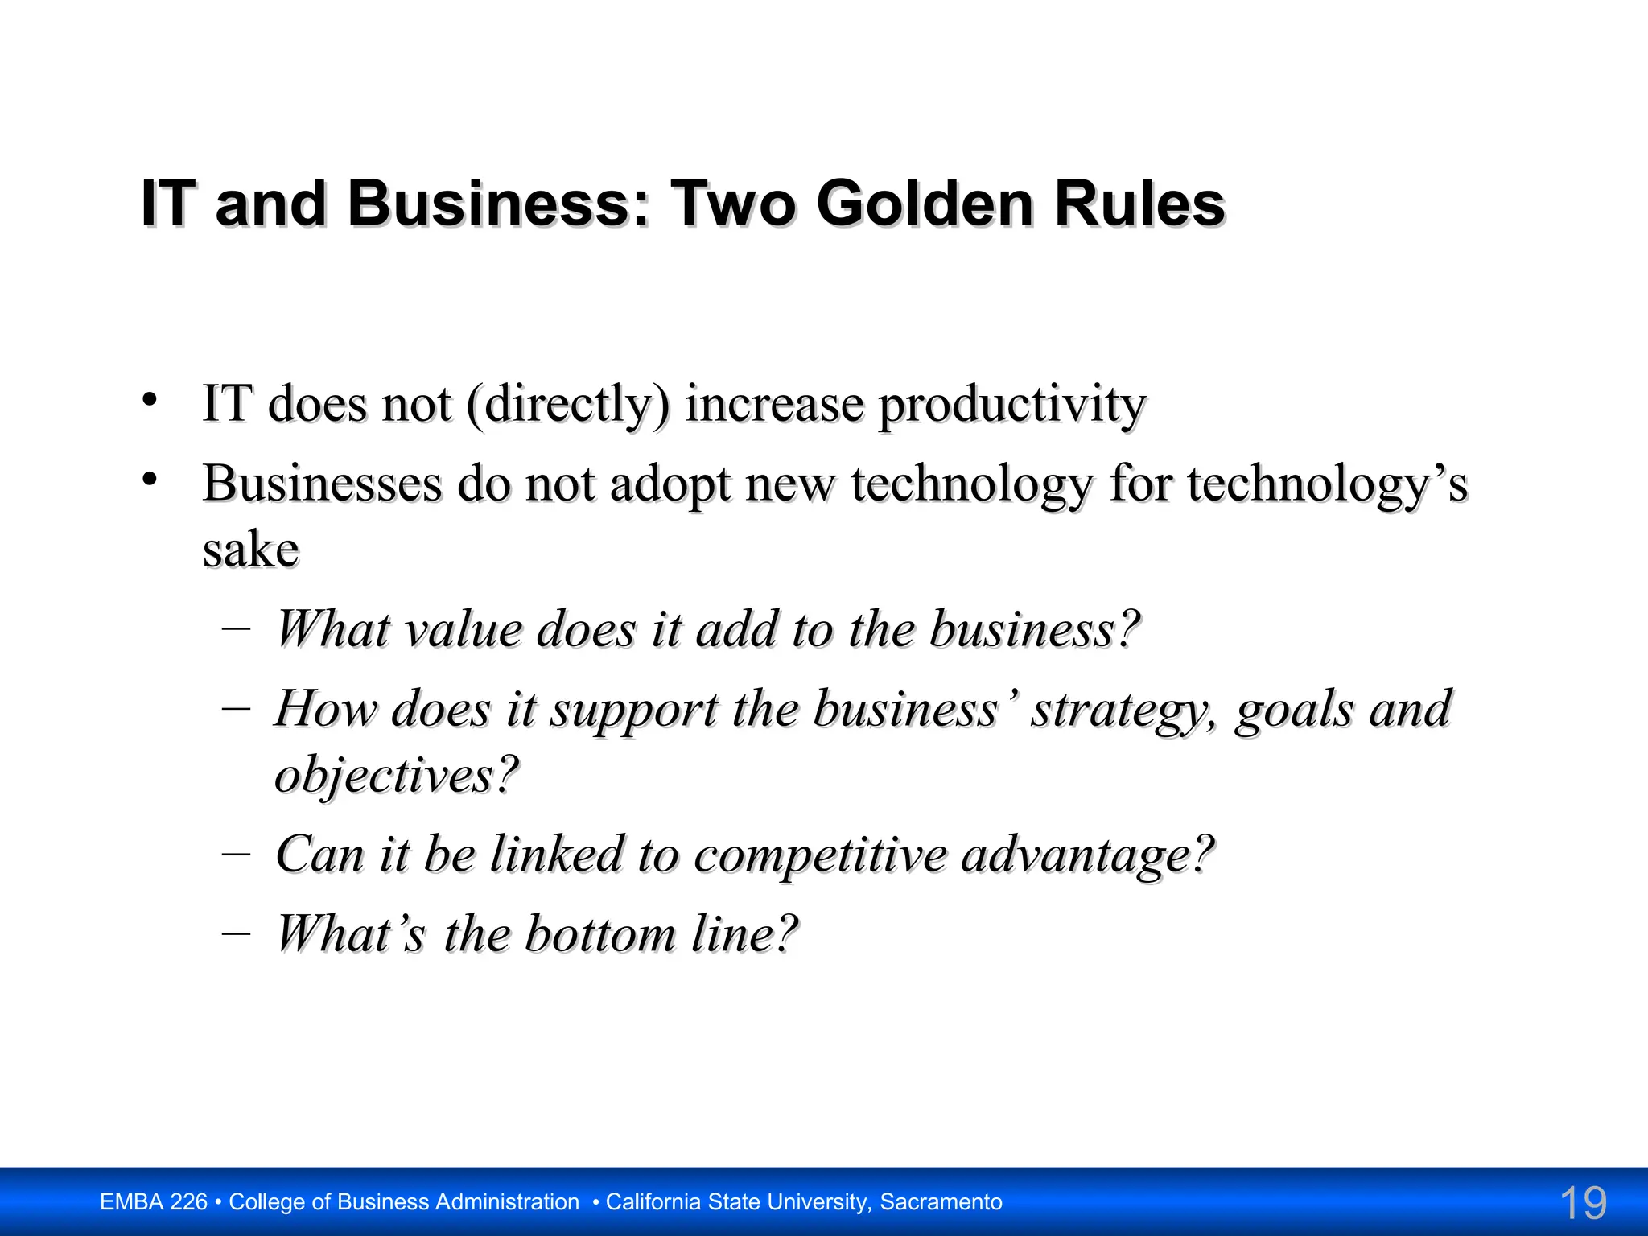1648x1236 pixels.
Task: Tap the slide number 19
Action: [1582, 1203]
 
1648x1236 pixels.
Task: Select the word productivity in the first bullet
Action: [1011, 405]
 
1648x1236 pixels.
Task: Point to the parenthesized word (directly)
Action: [567, 405]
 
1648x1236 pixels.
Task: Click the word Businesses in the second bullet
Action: [322, 484]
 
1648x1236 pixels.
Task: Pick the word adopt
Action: [669, 486]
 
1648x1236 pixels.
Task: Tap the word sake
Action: [250, 550]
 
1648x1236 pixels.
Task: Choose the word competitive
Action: [820, 855]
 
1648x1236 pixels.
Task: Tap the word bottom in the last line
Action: [600, 934]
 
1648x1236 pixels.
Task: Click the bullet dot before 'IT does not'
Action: [150, 399]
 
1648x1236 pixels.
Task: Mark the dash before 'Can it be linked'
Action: [236, 853]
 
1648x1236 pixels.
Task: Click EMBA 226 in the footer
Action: [154, 1202]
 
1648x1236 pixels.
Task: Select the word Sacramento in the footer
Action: [941, 1202]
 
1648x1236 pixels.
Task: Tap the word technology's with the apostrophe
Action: [1328, 486]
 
